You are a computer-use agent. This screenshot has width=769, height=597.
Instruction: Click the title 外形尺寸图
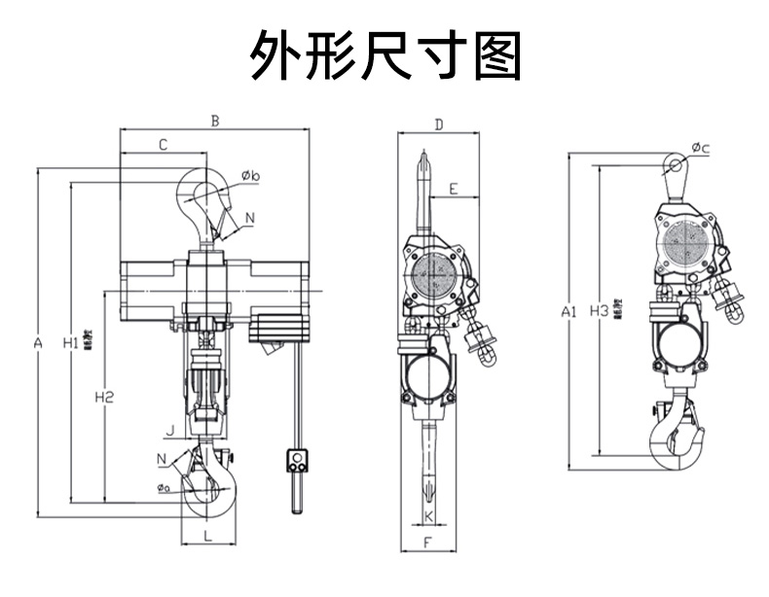pos(385,55)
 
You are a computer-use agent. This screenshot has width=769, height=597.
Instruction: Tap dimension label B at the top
pos(215,122)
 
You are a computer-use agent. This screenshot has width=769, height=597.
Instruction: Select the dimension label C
pos(163,145)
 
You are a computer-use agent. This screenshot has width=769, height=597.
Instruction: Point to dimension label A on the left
pos(38,343)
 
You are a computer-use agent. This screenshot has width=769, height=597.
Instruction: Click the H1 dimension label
pos(71,342)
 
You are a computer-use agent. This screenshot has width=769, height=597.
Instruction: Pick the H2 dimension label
pos(104,397)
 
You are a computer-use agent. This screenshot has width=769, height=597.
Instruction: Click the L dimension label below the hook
pos(207,536)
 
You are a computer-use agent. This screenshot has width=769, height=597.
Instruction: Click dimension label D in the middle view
pos(439,124)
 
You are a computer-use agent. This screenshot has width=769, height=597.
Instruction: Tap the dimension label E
pos(457,188)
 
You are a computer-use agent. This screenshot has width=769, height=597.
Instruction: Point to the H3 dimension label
pos(601,311)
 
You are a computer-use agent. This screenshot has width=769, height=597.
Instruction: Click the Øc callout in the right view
pos(701,148)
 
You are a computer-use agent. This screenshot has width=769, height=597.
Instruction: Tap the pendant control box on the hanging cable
pos(297,459)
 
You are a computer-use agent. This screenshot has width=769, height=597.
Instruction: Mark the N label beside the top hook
pos(250,218)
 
